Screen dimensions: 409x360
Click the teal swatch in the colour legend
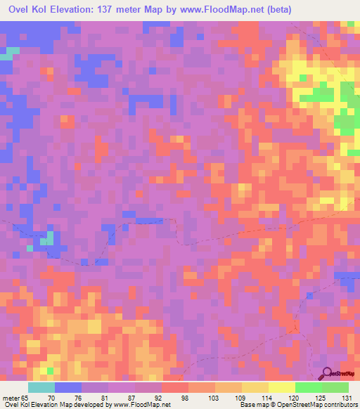(x=41, y=387)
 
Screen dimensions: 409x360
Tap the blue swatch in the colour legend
(x=68, y=387)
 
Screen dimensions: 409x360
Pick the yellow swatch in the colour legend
(x=282, y=387)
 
